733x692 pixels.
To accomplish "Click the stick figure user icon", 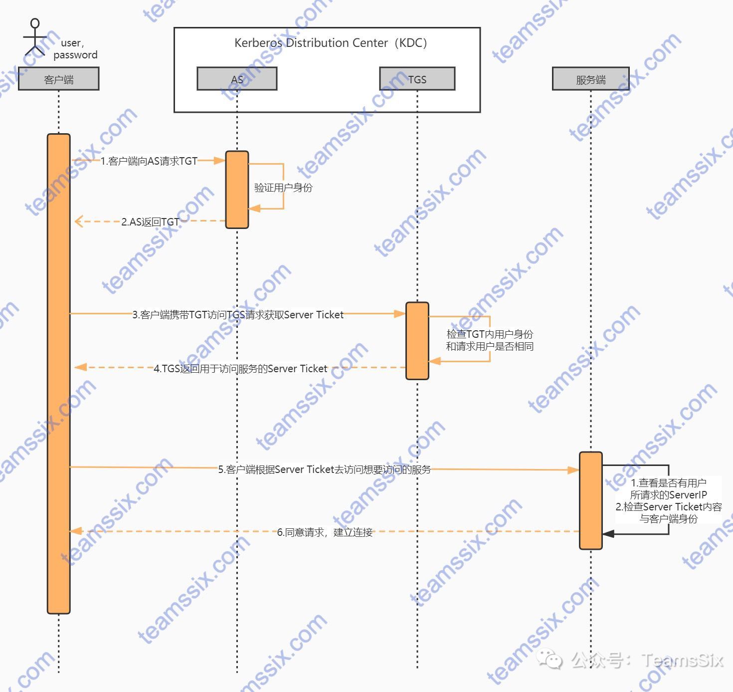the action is point(35,37).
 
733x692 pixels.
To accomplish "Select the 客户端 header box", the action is point(59,79).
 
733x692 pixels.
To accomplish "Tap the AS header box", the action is point(237,79).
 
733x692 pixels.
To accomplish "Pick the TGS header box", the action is point(417,79).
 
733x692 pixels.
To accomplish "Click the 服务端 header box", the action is point(591,79).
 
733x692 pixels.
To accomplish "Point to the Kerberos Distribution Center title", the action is point(331,43).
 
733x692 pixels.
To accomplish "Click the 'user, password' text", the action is point(75,49).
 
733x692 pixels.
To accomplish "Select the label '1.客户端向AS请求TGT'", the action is point(149,161).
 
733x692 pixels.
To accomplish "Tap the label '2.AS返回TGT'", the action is point(150,222).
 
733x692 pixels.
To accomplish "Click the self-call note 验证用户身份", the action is point(283,188).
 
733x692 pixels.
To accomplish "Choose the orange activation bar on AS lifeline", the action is point(237,190).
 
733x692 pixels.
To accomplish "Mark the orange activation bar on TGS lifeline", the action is point(417,341).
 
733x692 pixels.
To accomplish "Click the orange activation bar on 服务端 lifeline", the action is point(591,500).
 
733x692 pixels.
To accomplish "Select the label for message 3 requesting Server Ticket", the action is point(238,315).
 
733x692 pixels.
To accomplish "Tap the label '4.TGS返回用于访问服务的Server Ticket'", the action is point(240,369).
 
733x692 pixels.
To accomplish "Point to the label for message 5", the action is point(325,469).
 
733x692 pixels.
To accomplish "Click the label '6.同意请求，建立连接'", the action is point(325,532).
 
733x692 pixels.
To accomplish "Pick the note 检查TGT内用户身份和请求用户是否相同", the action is point(490,340).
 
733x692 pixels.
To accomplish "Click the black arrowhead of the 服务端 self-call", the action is point(608,534).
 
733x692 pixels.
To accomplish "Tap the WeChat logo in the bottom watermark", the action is point(549,659).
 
